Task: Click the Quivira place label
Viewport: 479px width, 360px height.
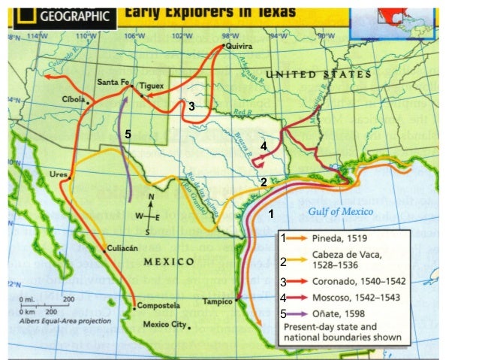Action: [239, 46]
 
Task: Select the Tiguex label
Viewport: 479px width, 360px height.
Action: [151, 86]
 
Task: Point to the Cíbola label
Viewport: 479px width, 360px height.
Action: [73, 99]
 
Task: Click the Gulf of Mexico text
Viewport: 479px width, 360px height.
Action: [340, 212]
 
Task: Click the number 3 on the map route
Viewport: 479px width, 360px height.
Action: [191, 107]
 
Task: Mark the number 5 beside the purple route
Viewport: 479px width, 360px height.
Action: [128, 134]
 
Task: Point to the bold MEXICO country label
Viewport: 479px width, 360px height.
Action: [169, 262]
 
